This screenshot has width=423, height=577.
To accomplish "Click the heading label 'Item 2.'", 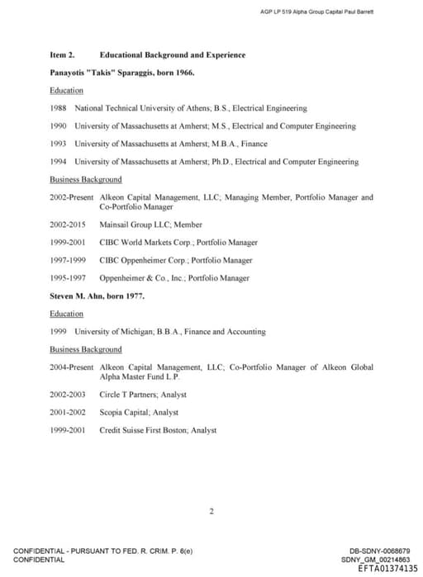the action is coord(62,55).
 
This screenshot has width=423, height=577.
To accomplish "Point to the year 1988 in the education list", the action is coord(58,108).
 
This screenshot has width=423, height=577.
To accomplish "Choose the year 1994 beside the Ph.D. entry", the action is coord(58,162).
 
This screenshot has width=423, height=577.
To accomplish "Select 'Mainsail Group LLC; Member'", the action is coord(150,225).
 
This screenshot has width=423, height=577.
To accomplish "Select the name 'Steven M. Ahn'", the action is coord(76,296).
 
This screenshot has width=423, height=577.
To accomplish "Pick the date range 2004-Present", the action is coord(72,367).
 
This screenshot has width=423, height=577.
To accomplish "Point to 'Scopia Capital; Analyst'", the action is coord(139,412).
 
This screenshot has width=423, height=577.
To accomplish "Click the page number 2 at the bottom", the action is coord(211,512).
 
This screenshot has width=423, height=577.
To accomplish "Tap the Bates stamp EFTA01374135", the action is coord(388,569).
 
